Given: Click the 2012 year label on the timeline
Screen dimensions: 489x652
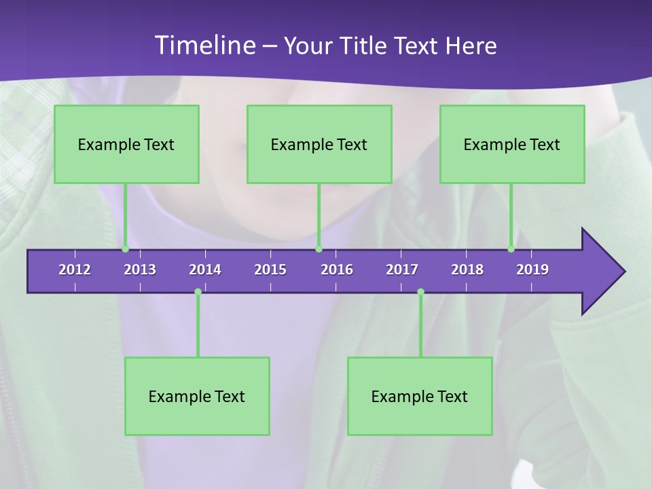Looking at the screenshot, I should click(75, 270).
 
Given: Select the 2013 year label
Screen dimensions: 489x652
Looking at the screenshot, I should click(140, 270).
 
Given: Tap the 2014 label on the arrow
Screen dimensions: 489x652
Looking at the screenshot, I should click(205, 270).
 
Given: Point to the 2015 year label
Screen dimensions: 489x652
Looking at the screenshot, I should click(270, 270).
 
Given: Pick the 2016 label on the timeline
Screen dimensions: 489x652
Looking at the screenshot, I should click(337, 270).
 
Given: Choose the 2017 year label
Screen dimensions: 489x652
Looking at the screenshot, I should click(402, 270).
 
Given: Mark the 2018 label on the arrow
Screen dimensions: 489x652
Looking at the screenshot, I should click(467, 270).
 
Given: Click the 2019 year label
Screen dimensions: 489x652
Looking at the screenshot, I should click(532, 270).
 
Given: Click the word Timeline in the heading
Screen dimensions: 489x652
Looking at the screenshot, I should click(204, 46).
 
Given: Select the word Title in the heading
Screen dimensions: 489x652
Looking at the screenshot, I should click(363, 46).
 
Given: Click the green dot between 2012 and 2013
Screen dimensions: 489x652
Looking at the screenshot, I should click(125, 249).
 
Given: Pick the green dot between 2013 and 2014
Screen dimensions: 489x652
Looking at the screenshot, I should click(198, 292).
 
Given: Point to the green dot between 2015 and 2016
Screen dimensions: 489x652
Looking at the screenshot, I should click(319, 249).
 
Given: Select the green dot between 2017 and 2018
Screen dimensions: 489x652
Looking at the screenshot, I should click(420, 292).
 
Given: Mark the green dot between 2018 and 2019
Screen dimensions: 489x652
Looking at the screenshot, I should click(511, 249).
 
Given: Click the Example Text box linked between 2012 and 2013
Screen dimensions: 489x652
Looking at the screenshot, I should click(126, 144).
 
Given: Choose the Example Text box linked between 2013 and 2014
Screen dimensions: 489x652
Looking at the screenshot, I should click(197, 396).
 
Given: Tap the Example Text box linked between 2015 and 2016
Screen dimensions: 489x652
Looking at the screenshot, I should click(319, 144).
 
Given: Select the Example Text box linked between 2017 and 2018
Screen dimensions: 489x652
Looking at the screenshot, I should click(420, 396).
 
